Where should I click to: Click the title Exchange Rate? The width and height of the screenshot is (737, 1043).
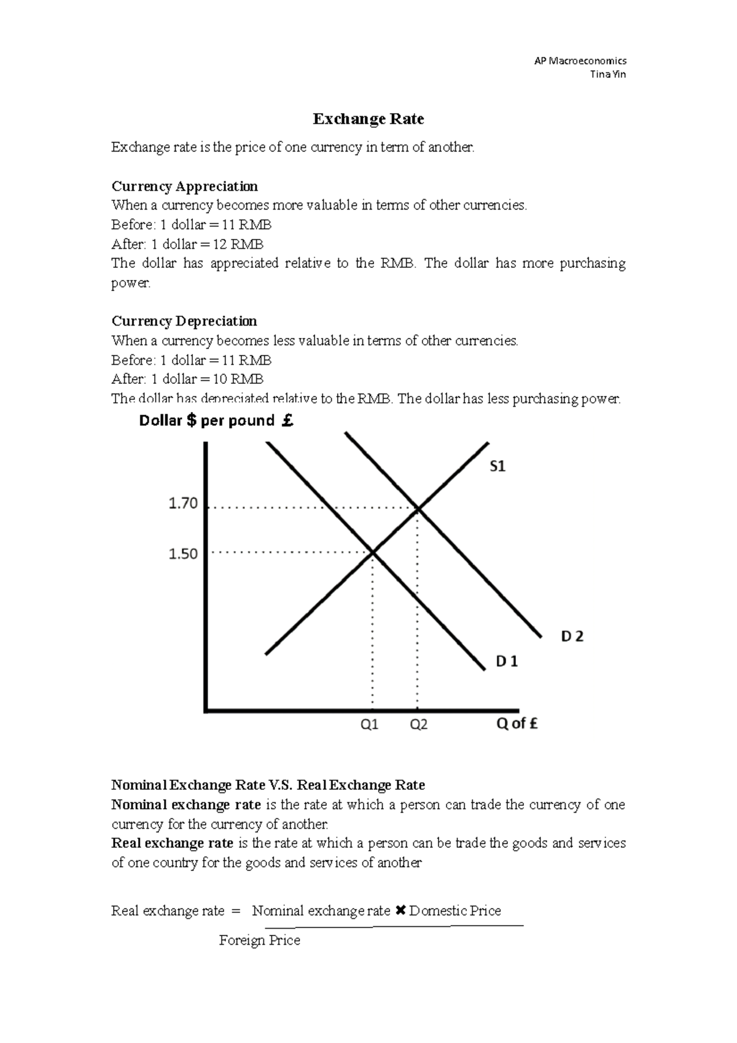[368, 119]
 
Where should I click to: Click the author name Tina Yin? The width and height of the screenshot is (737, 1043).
[607, 74]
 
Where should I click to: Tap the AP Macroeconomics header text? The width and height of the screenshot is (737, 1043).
[580, 61]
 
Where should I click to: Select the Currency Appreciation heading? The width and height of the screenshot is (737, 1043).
[184, 186]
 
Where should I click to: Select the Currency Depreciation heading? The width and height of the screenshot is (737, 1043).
[184, 321]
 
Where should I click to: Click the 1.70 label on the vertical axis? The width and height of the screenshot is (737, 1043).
[183, 504]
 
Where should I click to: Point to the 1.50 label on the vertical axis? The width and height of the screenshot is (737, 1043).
[183, 554]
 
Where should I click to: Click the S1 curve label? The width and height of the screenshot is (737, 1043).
[497, 467]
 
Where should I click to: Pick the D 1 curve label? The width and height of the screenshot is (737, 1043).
[507, 662]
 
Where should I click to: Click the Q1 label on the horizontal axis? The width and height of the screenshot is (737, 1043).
[369, 725]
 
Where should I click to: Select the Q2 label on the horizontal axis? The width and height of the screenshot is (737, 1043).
[418, 725]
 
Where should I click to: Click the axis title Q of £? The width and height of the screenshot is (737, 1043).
[517, 724]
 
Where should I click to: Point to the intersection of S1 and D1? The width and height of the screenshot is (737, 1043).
[373, 553]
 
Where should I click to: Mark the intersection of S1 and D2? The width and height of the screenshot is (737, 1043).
[418, 508]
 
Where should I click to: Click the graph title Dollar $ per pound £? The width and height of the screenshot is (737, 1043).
[216, 421]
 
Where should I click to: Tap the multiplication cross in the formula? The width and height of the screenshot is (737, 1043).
[400, 910]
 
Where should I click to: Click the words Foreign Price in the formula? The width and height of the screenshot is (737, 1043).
[259, 940]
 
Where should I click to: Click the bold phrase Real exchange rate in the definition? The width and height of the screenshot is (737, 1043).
[172, 843]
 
